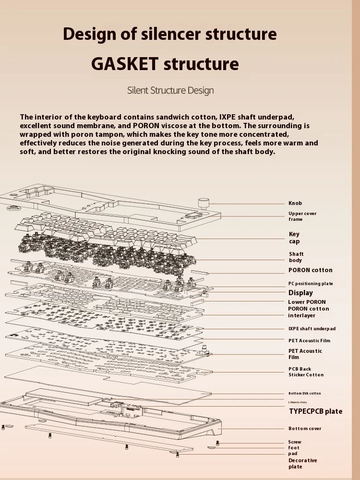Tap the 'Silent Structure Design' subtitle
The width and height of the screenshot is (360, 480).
(170, 90)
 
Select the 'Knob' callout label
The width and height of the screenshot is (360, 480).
(295, 204)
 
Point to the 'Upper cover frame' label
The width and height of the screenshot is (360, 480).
(302, 216)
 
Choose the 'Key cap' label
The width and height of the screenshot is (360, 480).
(294, 238)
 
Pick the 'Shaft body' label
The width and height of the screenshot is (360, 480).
(296, 257)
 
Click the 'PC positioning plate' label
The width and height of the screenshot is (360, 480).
(311, 284)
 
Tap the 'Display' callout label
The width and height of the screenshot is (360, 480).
(300, 293)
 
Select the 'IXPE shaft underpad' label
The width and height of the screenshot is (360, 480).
(312, 329)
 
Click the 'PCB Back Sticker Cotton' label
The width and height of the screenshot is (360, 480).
(306, 372)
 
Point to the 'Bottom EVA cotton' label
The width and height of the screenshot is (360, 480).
(305, 394)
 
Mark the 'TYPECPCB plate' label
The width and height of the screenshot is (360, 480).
(316, 411)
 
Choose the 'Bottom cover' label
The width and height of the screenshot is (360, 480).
(305, 429)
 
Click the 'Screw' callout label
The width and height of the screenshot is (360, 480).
(295, 442)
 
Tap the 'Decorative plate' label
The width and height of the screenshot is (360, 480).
(302, 464)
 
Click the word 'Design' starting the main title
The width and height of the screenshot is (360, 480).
(89, 34)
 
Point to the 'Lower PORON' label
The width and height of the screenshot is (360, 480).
(307, 302)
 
